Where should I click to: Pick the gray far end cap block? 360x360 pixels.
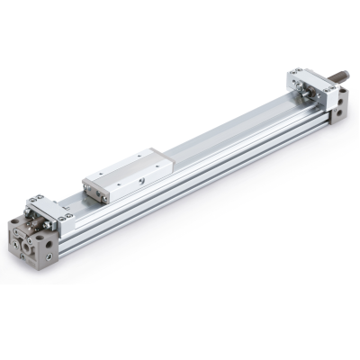[x=337, y=112]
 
